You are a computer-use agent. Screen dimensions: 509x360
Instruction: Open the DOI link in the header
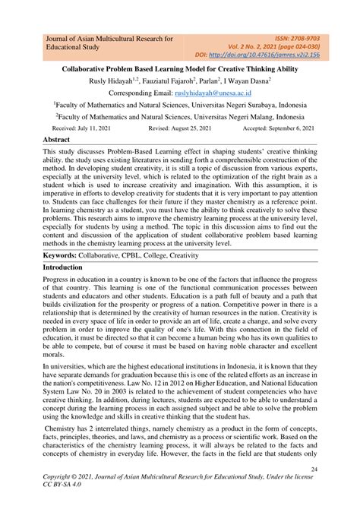[281, 55]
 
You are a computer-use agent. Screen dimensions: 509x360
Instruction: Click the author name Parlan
[209, 80]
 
